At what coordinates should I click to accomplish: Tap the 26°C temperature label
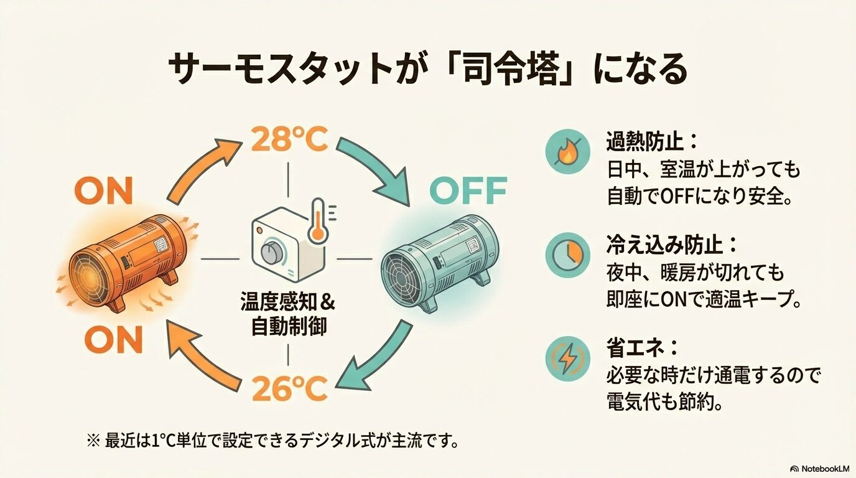[x=289, y=390]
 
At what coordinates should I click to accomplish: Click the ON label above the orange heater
[x=104, y=192]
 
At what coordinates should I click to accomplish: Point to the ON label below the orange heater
[x=113, y=340]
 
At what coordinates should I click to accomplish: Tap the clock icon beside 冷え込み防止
[x=567, y=255]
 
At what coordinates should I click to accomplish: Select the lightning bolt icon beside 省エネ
[x=567, y=358]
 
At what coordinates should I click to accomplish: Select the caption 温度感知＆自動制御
[x=288, y=314]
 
